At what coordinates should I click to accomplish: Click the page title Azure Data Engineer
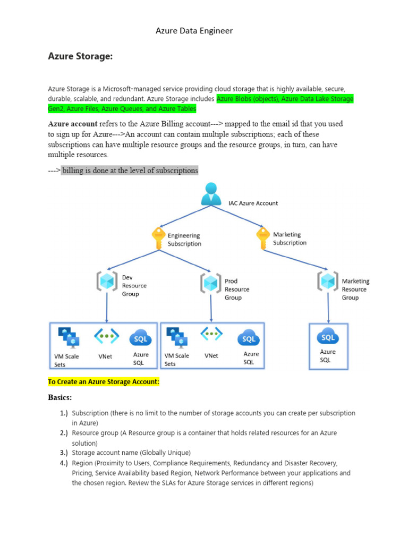pos(194,31)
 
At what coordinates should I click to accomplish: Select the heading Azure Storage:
pos(80,56)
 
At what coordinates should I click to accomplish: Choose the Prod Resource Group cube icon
pos(211,283)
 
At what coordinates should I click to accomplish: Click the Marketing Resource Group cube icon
pos(328,280)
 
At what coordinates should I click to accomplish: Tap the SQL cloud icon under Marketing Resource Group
pos(328,336)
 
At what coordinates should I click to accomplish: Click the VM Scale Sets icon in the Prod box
pos(177,337)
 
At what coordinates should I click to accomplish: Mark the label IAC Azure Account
pos(253,203)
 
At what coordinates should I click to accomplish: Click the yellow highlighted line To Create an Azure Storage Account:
pos(104,382)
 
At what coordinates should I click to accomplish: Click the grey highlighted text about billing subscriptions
pos(130,171)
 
